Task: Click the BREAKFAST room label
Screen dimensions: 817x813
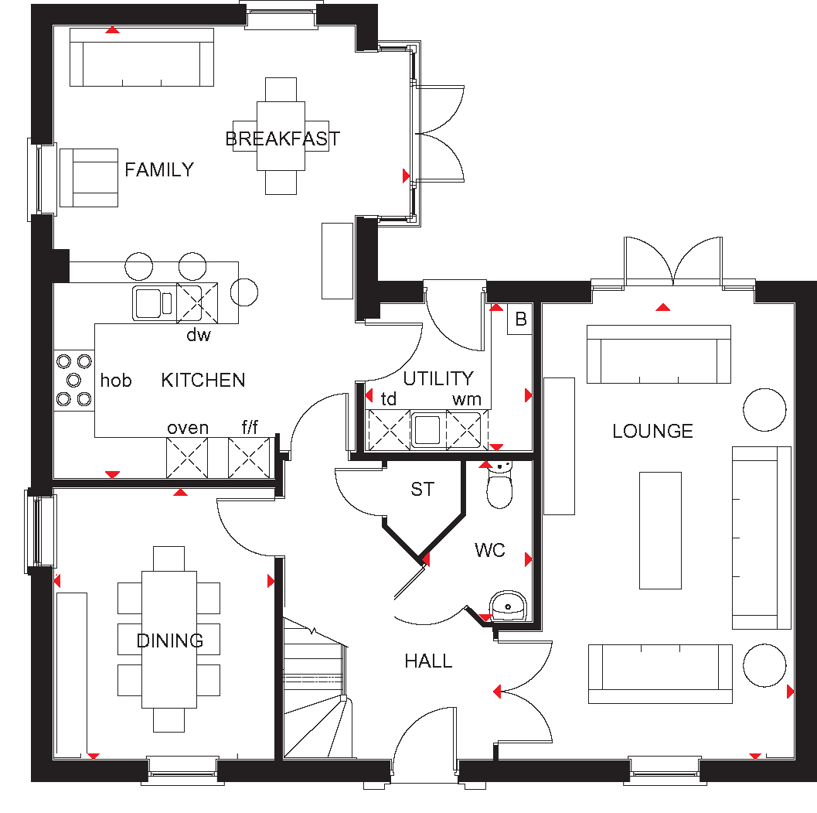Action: coord(282,138)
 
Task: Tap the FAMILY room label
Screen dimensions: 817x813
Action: coord(159,169)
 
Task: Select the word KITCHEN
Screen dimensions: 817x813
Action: coord(203,380)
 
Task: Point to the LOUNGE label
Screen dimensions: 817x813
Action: coord(652,432)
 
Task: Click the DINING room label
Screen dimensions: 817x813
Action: coord(170,640)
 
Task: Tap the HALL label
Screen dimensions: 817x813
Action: coord(428,661)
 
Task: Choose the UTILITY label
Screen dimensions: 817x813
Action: coord(438,378)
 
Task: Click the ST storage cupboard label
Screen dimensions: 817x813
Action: coord(422,489)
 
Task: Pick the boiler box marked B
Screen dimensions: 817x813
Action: coord(520,319)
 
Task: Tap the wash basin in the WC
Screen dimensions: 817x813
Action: coord(508,606)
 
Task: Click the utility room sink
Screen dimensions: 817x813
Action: coord(428,429)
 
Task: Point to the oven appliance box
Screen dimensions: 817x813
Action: coord(187,458)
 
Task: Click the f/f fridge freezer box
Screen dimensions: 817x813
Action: coord(249,458)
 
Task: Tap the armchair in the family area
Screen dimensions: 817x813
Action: coord(89,178)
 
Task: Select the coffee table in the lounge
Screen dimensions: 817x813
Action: coord(660,531)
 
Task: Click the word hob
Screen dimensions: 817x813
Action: coord(116,380)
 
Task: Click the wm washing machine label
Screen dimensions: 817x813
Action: coord(466,399)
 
